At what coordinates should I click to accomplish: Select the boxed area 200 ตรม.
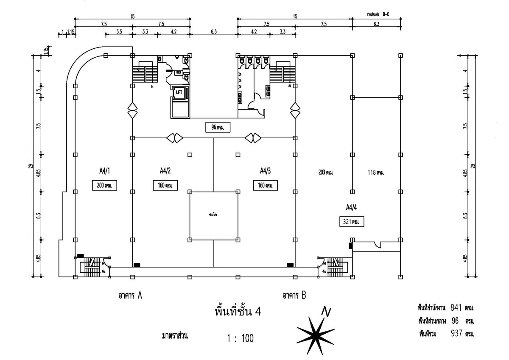point(104,185)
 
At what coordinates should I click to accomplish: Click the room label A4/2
point(165,171)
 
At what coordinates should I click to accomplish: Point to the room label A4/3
point(266,171)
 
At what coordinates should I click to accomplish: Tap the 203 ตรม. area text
point(326,173)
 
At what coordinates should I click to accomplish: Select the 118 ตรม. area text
point(375,173)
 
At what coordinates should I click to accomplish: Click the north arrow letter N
point(326,311)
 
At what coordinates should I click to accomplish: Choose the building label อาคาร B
point(294,296)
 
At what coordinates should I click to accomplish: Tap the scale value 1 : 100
point(240,338)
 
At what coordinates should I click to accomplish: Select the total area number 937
point(455,334)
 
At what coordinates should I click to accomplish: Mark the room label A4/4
point(351,207)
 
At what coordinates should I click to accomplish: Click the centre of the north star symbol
point(316,333)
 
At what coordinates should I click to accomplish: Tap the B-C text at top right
point(386,14)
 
